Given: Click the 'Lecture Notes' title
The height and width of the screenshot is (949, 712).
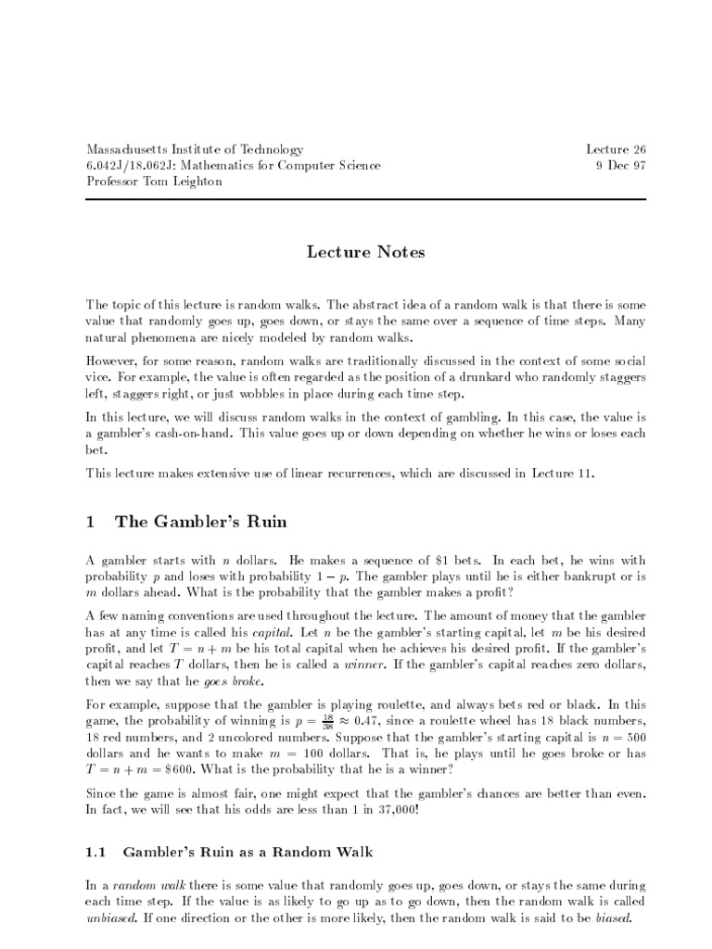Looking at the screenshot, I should pos(356,252).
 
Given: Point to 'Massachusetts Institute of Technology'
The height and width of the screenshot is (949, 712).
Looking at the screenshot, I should pos(194,149).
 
